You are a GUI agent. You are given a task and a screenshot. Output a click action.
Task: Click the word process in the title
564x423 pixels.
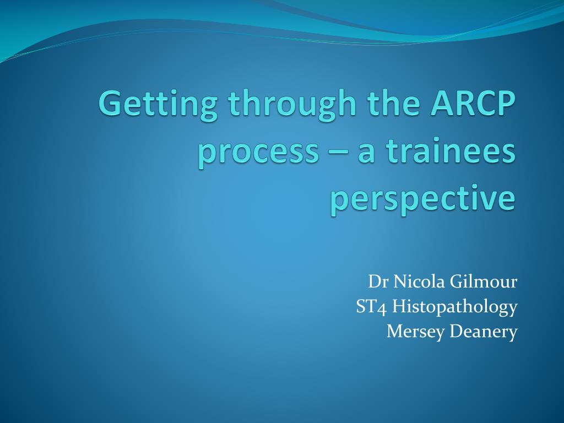tap(259, 153)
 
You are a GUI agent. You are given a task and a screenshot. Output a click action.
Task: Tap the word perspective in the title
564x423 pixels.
tap(423, 199)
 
